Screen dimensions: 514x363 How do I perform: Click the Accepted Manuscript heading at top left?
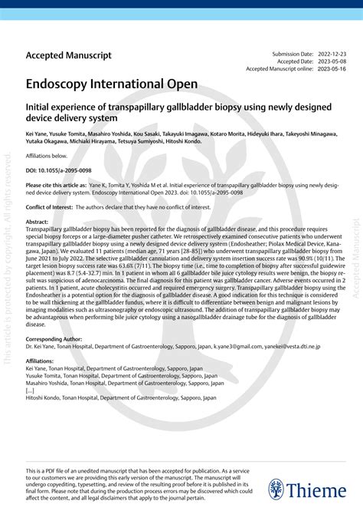[69, 55]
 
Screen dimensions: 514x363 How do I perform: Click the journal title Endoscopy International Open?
[112, 83]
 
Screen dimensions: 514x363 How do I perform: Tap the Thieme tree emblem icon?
[276, 489]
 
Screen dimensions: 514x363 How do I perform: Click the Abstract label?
[38, 222]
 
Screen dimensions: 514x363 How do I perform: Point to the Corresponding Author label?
[54, 338]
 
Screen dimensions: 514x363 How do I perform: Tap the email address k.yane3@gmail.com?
[238, 346]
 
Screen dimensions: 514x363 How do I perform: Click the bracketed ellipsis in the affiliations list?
[30, 390]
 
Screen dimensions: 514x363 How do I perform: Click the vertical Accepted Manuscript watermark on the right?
[355, 253]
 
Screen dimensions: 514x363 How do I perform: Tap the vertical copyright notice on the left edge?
[8, 253]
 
